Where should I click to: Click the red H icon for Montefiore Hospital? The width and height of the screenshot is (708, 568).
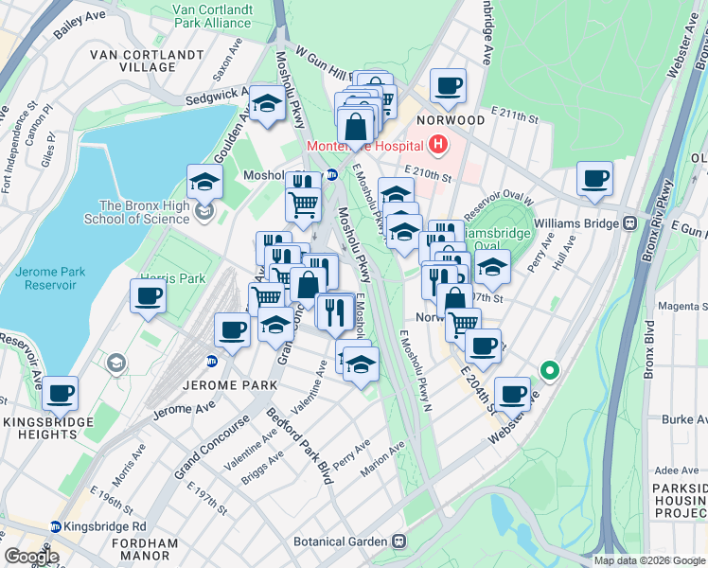pyautogui.click(x=437, y=146)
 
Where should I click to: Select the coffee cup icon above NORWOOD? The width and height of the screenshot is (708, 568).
pyautogui.click(x=448, y=86)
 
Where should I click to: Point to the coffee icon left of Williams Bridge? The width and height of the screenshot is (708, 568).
pyautogui.click(x=594, y=178)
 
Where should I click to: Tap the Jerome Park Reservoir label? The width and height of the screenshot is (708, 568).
pyautogui.click(x=50, y=278)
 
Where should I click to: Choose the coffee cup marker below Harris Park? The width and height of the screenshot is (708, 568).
pyautogui.click(x=148, y=297)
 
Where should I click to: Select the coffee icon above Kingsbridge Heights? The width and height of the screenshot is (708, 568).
pyautogui.click(x=60, y=393)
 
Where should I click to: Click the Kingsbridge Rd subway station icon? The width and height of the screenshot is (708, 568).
pyautogui.click(x=57, y=525)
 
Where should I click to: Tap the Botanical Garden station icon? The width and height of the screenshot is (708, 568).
pyautogui.click(x=399, y=541)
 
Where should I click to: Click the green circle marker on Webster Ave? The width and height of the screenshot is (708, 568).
pyautogui.click(x=547, y=369)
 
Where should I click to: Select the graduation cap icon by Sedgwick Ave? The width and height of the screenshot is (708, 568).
pyautogui.click(x=268, y=104)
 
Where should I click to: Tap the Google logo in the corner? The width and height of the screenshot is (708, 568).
pyautogui.click(x=31, y=556)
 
